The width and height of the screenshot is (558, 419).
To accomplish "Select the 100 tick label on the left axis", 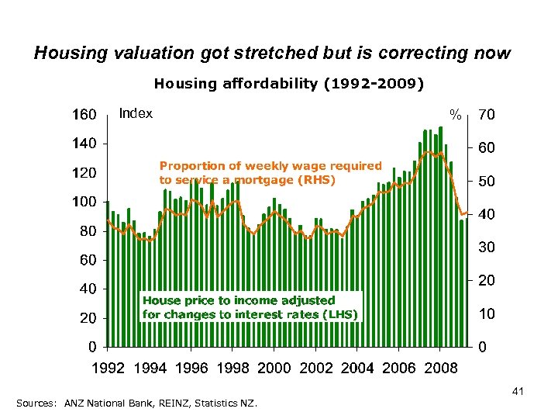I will coord(84,202).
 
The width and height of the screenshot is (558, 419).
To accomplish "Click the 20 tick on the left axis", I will coord(88,318).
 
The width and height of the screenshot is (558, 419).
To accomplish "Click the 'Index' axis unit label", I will coord(136,114).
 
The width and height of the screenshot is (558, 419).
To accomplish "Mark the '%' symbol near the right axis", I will coord(457,116).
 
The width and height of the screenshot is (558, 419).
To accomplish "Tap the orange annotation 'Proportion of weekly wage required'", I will coord(270,165).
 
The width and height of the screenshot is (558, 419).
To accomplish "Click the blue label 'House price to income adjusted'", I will coord(239,300).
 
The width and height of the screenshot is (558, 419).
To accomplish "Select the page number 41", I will coord(518,393).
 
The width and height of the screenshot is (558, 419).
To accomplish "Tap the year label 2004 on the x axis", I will coord(356,367).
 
